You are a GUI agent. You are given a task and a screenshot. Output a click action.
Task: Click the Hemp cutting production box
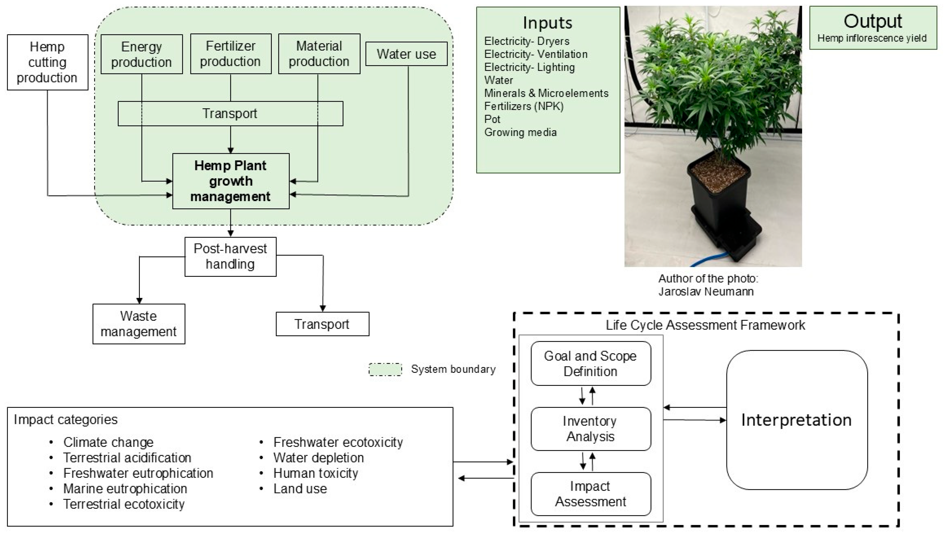(x=48, y=62)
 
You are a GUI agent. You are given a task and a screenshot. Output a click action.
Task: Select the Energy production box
(x=142, y=54)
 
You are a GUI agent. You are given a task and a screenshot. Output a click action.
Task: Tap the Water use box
(x=406, y=54)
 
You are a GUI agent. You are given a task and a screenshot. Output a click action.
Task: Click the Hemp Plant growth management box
(x=231, y=181)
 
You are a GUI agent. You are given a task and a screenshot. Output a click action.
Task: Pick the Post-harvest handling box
(x=230, y=256)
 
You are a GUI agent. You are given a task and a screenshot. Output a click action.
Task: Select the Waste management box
(x=139, y=324)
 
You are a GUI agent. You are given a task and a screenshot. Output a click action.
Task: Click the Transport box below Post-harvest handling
(x=322, y=324)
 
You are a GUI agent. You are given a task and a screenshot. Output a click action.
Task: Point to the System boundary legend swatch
(x=385, y=369)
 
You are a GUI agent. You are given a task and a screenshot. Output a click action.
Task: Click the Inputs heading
(x=548, y=23)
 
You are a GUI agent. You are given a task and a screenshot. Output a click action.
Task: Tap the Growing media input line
(x=520, y=132)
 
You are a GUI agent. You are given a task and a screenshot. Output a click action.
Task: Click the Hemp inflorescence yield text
(x=872, y=38)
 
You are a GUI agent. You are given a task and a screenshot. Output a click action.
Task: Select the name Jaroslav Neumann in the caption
(x=706, y=292)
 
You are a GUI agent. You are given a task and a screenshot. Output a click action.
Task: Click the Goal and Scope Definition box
(x=590, y=363)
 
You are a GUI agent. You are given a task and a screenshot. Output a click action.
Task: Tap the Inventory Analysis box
(x=590, y=429)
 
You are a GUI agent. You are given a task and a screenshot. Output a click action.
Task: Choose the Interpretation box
(x=797, y=420)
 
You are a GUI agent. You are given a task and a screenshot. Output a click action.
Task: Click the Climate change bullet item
(x=108, y=442)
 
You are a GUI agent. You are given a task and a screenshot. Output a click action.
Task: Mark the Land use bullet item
(x=300, y=489)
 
